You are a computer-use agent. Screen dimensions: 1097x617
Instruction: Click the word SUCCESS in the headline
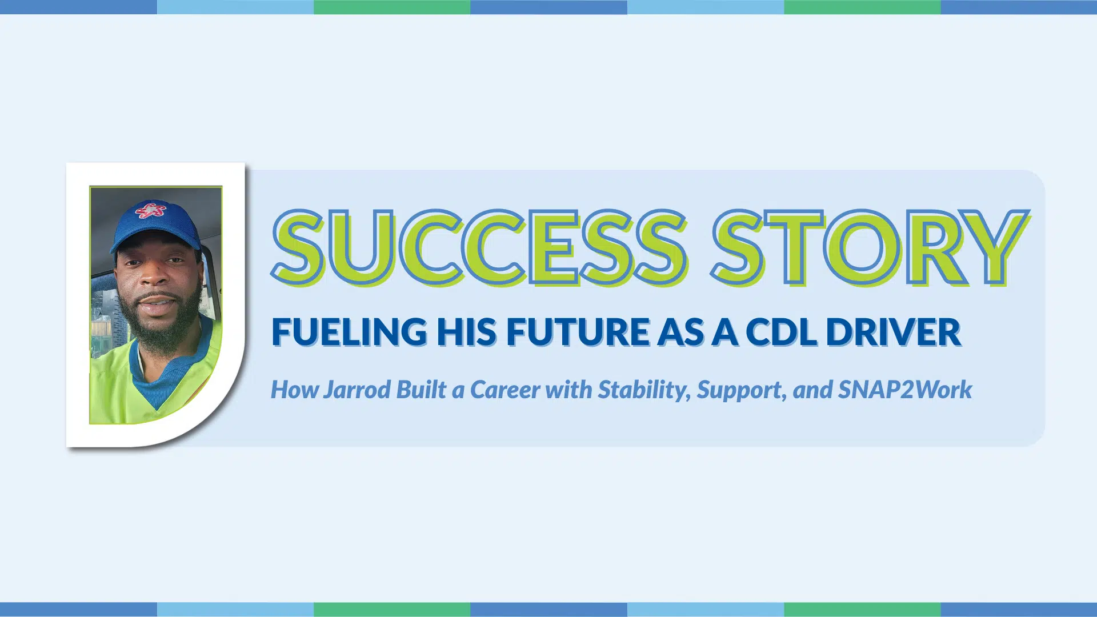tap(480, 247)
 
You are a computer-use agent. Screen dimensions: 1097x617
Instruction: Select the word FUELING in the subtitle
tap(349, 331)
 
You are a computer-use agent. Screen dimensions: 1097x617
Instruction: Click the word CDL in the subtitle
tap(782, 331)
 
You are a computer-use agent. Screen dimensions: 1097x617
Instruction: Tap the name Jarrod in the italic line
tap(357, 390)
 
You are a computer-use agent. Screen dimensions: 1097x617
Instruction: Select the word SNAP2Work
tap(905, 390)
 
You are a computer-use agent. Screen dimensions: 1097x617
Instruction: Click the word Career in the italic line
tap(505, 390)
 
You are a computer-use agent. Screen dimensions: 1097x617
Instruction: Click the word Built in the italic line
tap(421, 389)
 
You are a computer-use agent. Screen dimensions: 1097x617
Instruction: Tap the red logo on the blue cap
tap(151, 210)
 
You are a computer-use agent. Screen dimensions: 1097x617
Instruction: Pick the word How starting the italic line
tap(294, 390)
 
